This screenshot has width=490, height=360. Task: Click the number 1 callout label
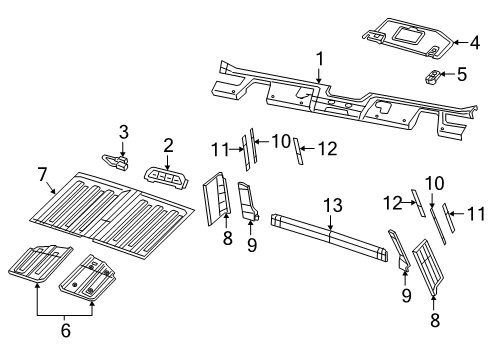click(319, 59)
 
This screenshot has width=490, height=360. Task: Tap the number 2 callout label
click(168, 146)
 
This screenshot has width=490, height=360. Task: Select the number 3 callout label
click(123, 131)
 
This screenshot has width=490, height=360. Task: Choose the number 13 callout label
click(331, 205)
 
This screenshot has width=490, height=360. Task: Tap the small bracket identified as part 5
click(435, 76)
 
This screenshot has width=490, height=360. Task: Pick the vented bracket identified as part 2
click(167, 177)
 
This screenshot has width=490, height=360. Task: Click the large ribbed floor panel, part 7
click(110, 210)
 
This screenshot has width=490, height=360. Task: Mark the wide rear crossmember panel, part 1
click(330, 100)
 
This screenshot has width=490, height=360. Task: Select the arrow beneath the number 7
click(49, 187)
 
